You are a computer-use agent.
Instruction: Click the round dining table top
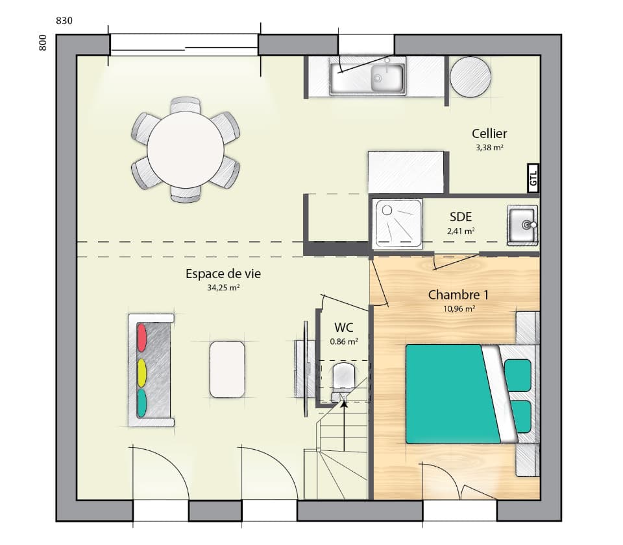186,149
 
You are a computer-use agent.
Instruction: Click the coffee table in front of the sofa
227,369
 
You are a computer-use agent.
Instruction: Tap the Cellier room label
489,134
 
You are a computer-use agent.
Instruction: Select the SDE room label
460,218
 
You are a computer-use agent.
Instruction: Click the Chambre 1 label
458,295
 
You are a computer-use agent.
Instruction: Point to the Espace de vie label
223,273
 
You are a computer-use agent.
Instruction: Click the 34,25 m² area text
223,288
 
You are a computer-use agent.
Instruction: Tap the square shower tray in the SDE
397,223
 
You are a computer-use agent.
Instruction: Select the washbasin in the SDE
523,225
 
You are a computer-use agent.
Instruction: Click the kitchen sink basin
387,78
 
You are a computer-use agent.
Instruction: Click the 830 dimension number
64,21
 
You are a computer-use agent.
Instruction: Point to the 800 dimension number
43,43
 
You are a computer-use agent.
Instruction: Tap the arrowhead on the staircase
344,404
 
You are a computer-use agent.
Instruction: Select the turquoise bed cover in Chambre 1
448,393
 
